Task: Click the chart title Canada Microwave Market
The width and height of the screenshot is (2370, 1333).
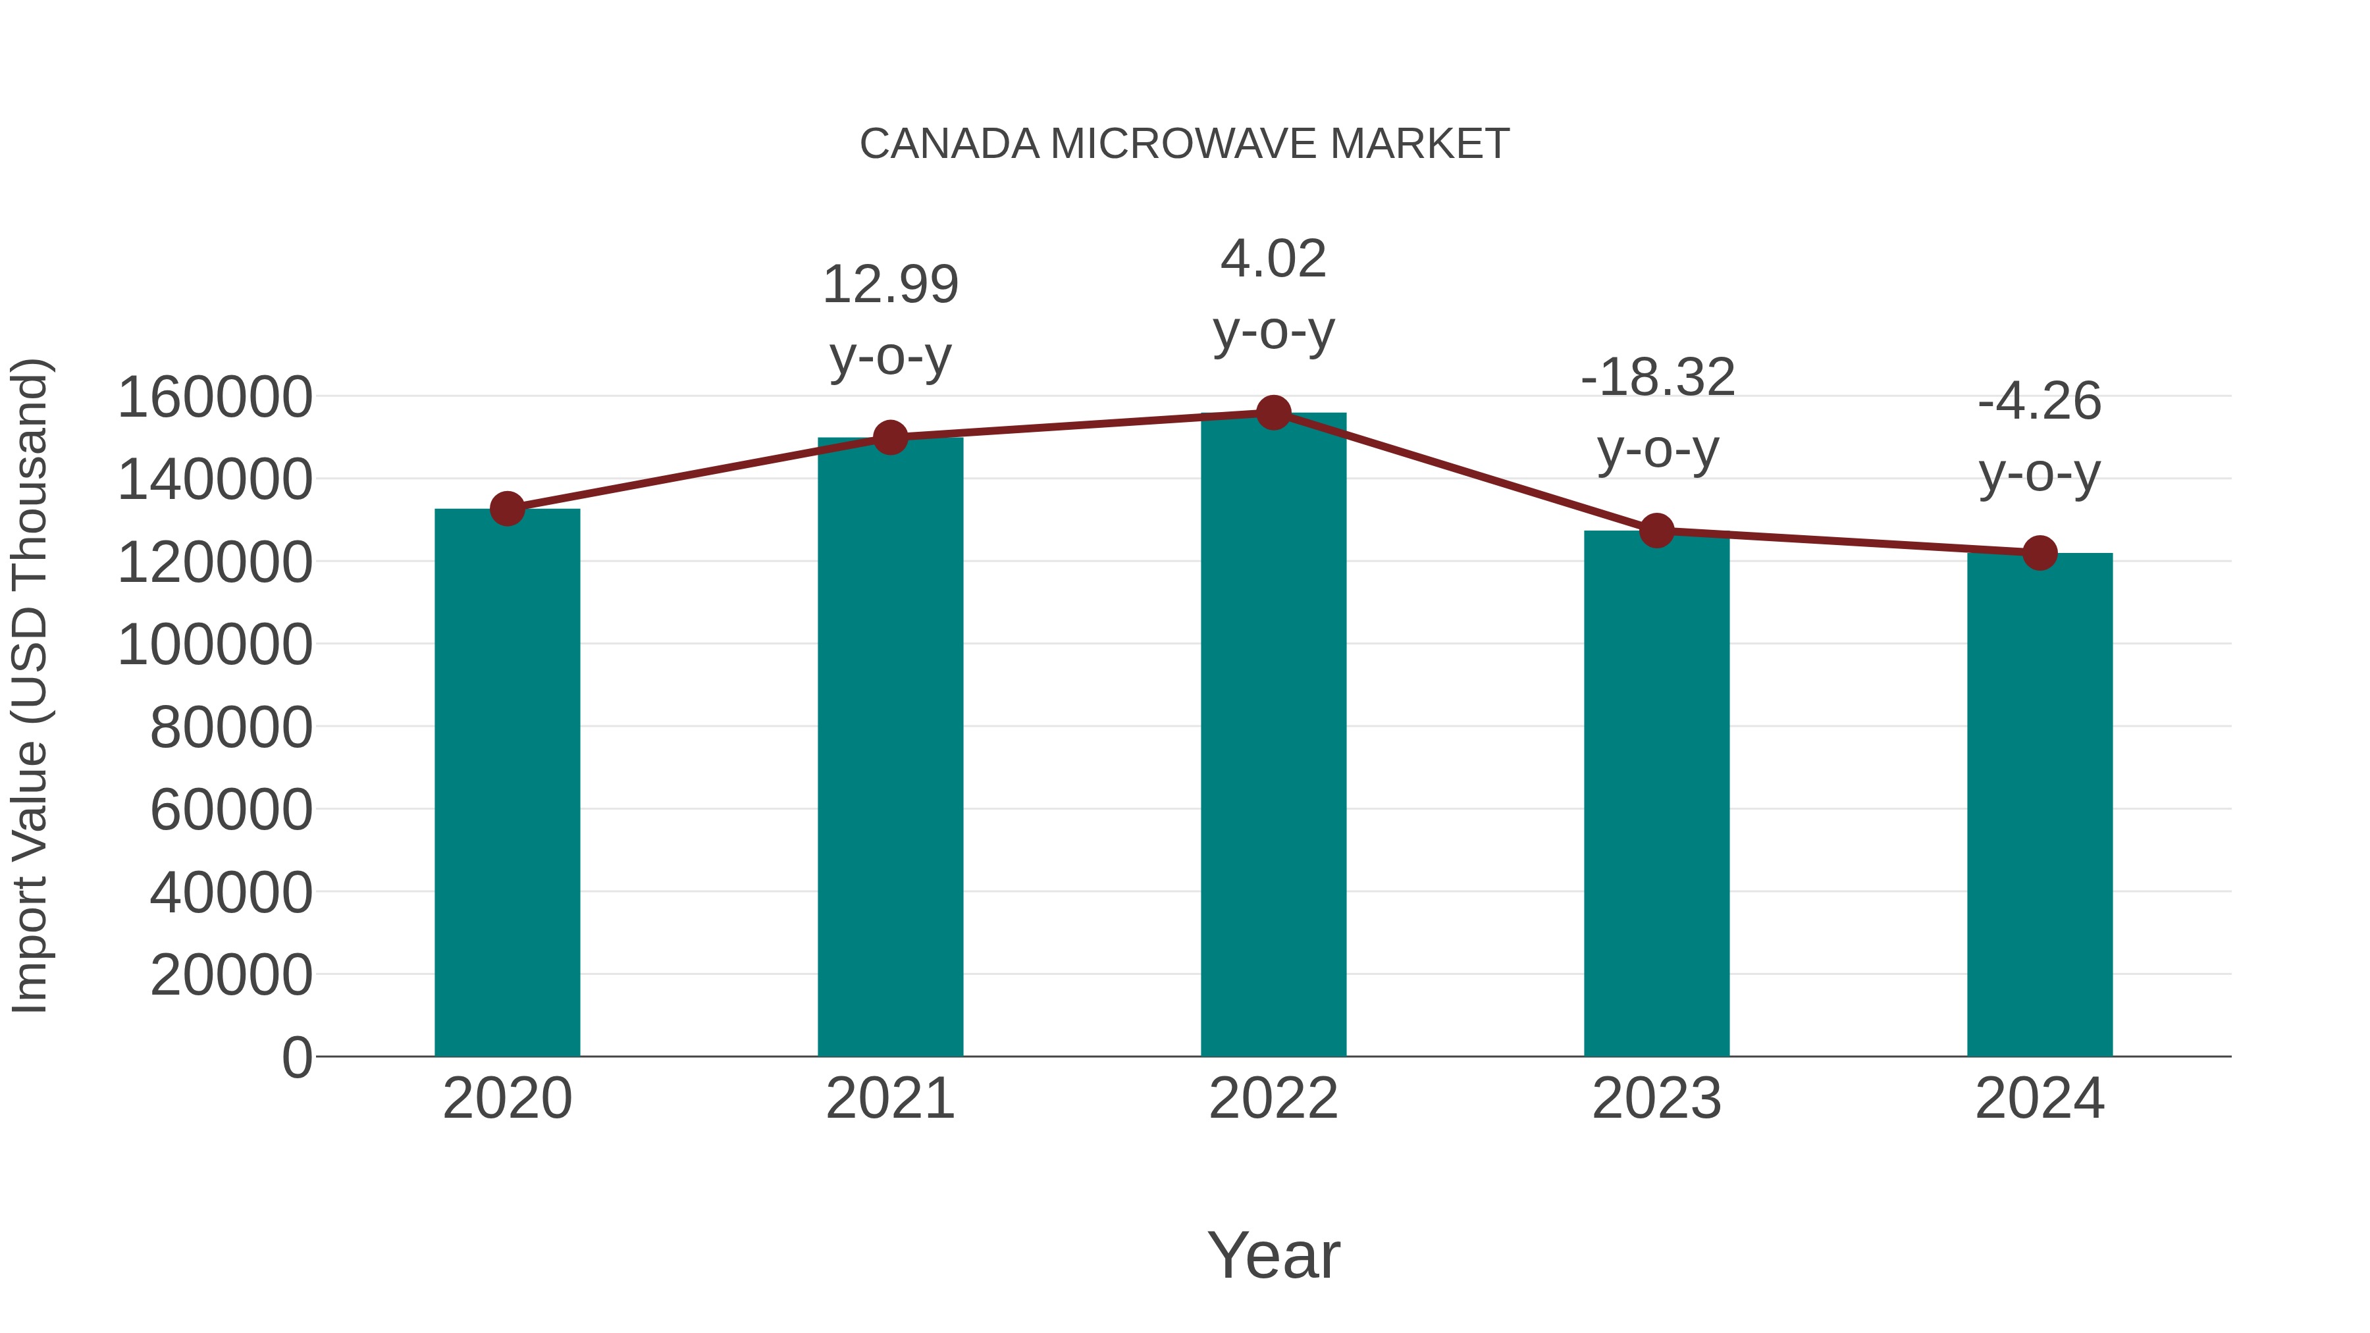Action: (1184, 144)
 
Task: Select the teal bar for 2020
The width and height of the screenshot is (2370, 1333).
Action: (507, 782)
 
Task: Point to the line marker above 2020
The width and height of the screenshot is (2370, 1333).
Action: (507, 509)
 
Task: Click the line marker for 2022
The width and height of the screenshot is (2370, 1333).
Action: (1273, 413)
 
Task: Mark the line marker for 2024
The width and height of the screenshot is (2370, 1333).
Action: (2040, 553)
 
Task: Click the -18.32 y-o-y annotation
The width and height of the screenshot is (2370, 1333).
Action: (1657, 414)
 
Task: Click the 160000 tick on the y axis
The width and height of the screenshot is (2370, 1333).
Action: (215, 398)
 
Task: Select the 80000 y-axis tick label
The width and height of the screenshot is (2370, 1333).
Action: (231, 727)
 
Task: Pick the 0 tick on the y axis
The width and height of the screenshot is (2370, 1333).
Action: (297, 1057)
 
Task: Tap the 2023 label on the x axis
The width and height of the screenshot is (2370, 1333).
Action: (1656, 1099)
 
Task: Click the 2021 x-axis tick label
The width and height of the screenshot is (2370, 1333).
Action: (889, 1099)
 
